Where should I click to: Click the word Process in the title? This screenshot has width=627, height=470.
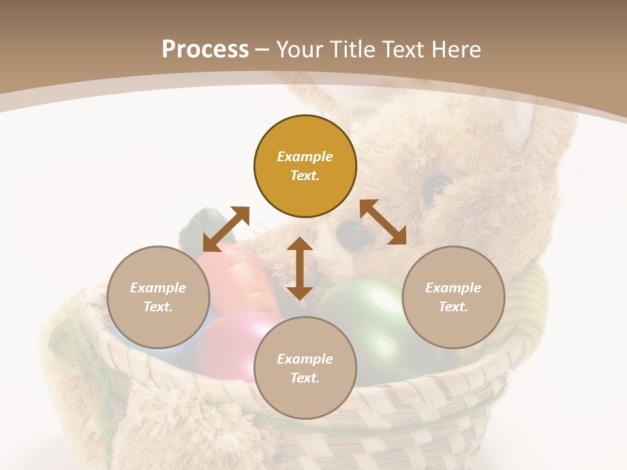coord(205,49)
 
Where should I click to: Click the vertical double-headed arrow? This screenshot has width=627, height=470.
coord(300,268)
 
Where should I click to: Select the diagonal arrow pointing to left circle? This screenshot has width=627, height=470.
coord(226,229)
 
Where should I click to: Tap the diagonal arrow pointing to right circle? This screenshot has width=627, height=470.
coord(383,222)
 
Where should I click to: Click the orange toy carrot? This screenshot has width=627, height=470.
coord(238,281)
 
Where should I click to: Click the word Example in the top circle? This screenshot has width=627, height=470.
coord(304,157)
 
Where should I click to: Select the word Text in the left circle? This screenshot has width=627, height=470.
coord(157,307)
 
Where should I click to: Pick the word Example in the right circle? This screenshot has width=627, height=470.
coord(453,288)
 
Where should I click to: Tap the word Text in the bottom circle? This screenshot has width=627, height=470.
coord(304,378)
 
